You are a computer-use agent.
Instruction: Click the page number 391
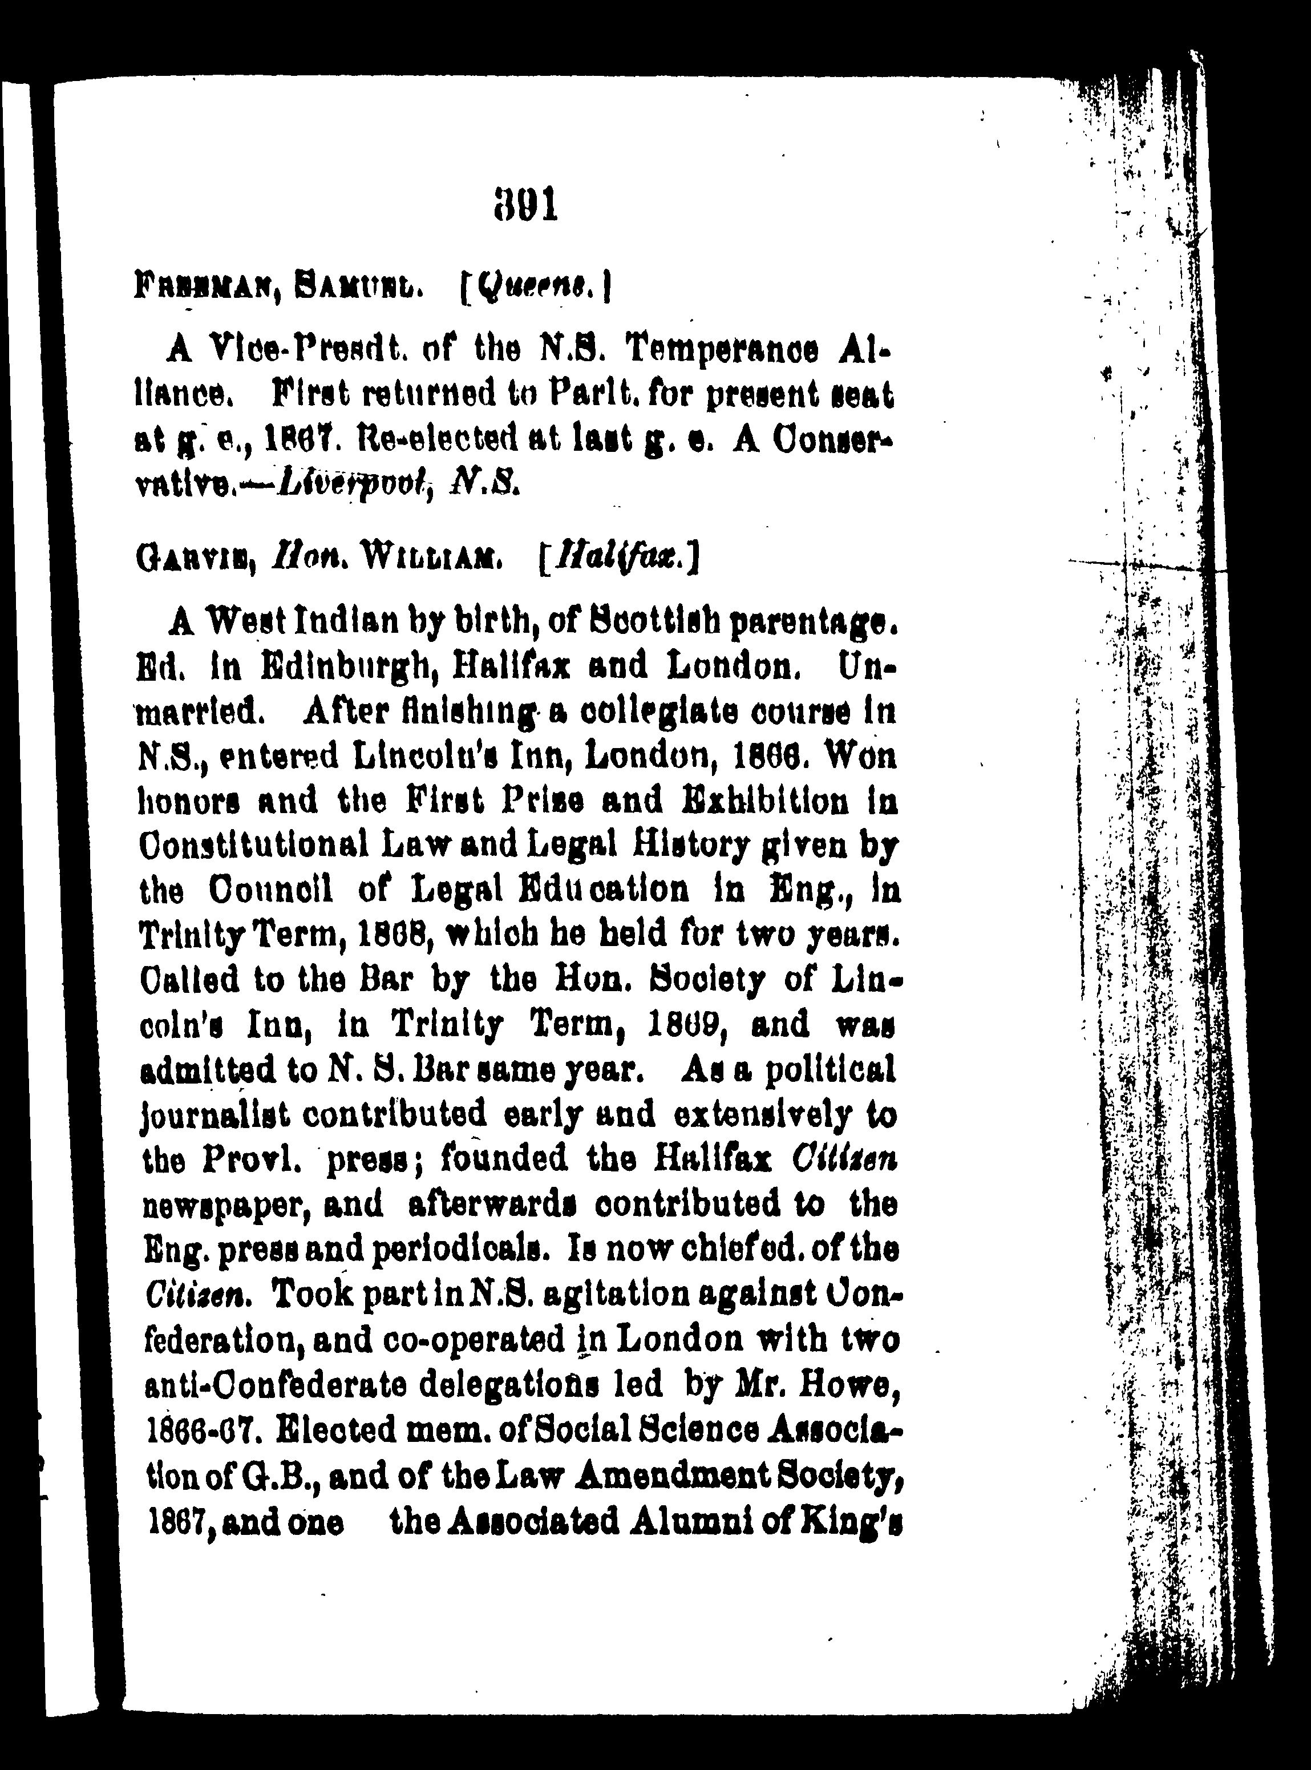click(526, 205)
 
